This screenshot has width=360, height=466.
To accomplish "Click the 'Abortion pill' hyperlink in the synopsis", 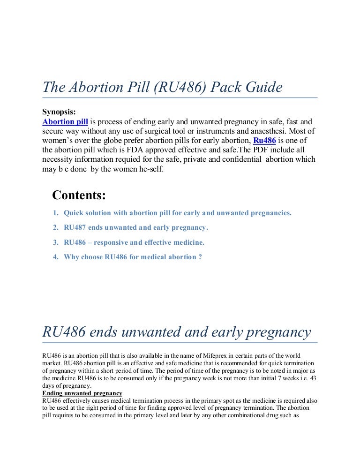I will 65,121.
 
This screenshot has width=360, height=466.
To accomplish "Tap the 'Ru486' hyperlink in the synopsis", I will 264,140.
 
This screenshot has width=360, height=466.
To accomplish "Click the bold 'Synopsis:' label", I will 59,112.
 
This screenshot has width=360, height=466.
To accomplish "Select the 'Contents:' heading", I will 79,195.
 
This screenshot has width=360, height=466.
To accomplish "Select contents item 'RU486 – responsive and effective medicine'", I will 134,242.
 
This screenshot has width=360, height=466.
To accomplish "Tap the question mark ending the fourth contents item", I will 200,257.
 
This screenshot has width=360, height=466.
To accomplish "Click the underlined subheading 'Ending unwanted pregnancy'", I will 82,393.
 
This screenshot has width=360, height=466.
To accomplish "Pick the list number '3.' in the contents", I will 55,242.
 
